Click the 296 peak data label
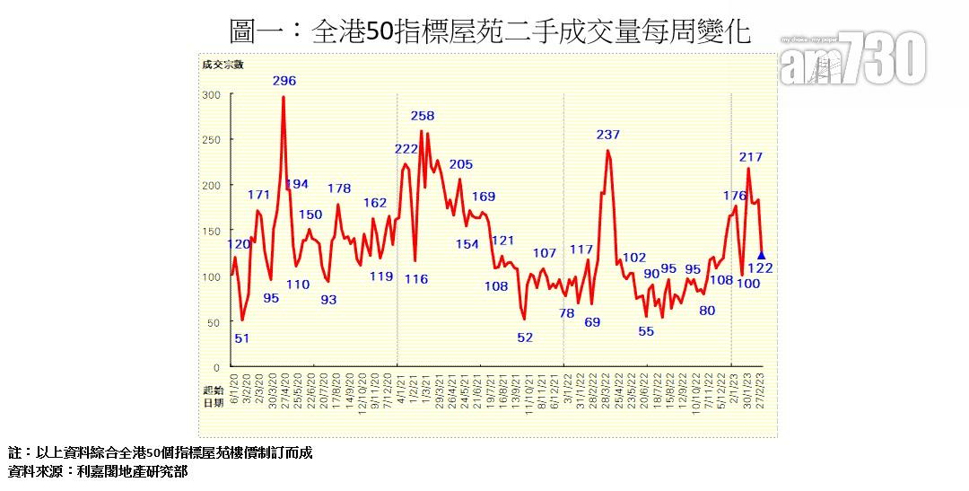pos(284,81)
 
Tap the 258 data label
pos(423,116)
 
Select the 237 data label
pos(608,135)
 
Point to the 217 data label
pos(751,157)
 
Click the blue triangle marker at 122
pos(762,255)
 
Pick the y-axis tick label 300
pos(211,95)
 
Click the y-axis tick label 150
pos(211,232)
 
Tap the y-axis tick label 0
pos(216,368)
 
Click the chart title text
pos(490,32)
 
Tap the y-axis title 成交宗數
pos(223,64)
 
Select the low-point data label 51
pos(242,338)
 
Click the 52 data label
pos(525,338)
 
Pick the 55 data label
pos(647,331)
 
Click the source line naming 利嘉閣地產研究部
pos(98,471)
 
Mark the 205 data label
pos(461,164)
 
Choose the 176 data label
pos(735,196)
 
